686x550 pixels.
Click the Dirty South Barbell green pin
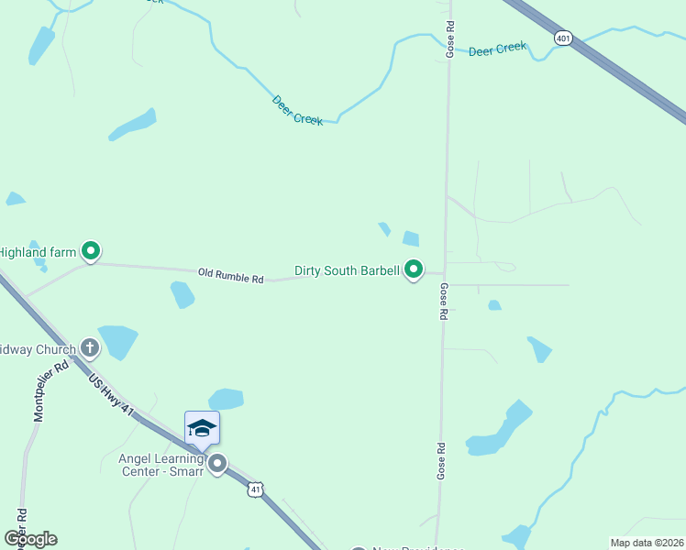[414, 269]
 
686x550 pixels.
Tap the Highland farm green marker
[91, 249]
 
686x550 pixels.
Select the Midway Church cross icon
[89, 347]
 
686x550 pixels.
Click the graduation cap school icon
[202, 427]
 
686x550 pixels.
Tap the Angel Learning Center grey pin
[217, 464]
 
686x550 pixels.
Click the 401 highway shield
[563, 37]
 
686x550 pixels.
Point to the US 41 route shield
[255, 489]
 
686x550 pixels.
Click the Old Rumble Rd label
[231, 274]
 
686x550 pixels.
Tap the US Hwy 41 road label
[112, 394]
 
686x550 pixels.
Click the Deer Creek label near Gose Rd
[497, 49]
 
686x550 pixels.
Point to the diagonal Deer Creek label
[297, 111]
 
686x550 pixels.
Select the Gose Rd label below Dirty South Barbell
[443, 301]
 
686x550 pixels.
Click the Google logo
[30, 538]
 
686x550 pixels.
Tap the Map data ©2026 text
[647, 542]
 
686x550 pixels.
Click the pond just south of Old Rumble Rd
[183, 294]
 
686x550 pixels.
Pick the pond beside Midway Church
[117, 340]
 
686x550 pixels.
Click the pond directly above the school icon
[226, 399]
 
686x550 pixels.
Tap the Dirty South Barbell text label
[347, 270]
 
